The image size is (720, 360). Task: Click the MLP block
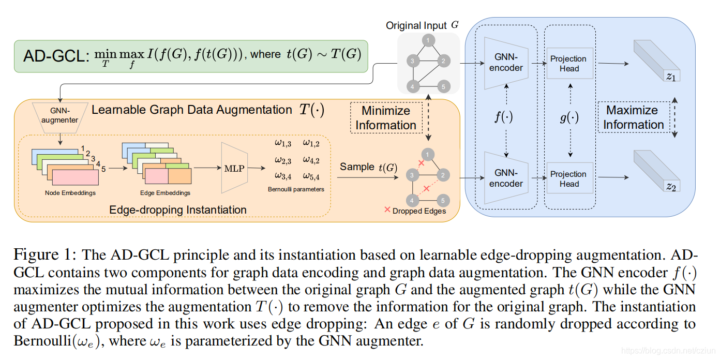[234, 168]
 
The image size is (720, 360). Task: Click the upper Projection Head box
[568, 64]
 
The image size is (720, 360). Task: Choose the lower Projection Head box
[568, 179]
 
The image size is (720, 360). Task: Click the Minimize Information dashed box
[385, 118]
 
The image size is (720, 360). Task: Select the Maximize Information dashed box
[633, 117]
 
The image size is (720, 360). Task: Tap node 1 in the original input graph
[428, 40]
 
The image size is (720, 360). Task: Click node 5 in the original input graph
[443, 86]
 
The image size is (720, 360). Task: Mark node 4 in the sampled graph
[412, 200]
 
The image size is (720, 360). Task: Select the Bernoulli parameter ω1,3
[283, 143]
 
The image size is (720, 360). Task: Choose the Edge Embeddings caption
[165, 193]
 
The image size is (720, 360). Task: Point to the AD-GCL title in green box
[54, 55]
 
